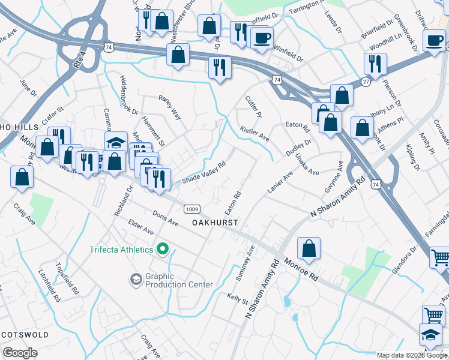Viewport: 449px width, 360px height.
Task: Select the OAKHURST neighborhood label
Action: click(215, 222)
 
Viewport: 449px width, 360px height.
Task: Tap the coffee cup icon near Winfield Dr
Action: click(261, 38)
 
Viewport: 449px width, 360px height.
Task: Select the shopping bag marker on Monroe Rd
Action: click(309, 249)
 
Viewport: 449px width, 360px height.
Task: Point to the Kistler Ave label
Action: click(255, 133)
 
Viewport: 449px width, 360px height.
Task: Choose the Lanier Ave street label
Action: click(280, 182)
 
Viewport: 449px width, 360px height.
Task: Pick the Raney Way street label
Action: click(169, 106)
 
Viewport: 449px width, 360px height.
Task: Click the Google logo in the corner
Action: click(20, 353)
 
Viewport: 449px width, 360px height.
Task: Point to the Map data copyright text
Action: click(411, 355)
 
